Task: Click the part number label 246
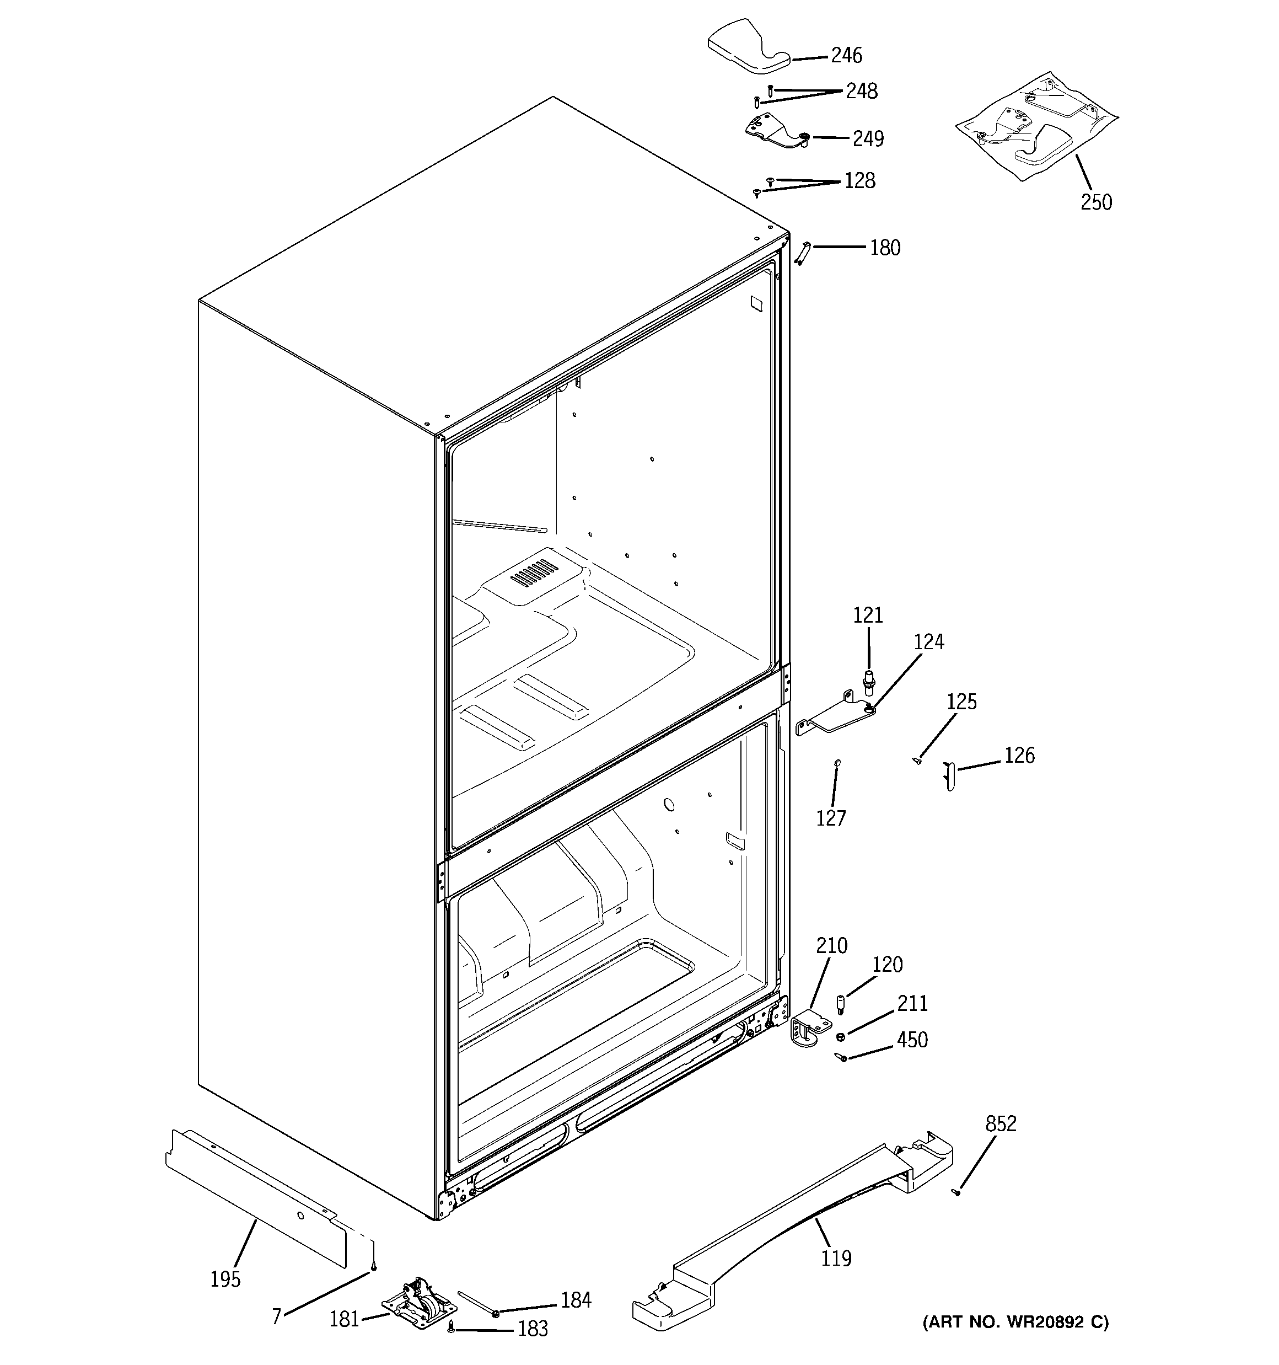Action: tap(846, 56)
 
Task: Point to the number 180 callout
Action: tap(884, 248)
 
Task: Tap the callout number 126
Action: tap(1019, 756)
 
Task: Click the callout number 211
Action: tap(912, 1004)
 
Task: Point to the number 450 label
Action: tap(912, 1040)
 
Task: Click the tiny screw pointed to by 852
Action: tap(955, 1193)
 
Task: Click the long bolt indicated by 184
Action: tap(476, 1303)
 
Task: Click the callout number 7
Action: tap(277, 1317)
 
